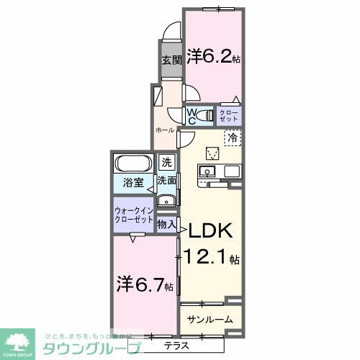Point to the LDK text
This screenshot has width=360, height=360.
(x=210, y=232)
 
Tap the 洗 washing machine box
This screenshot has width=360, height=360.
(x=166, y=163)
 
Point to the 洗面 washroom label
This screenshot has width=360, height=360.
(x=167, y=181)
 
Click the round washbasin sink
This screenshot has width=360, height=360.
(x=166, y=201)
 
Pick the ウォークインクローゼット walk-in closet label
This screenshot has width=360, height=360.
(x=134, y=215)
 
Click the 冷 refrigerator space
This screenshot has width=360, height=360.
(x=232, y=135)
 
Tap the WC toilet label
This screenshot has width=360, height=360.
(x=192, y=115)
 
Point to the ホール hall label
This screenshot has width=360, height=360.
(x=165, y=130)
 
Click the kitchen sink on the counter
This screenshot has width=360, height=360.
(x=206, y=171)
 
